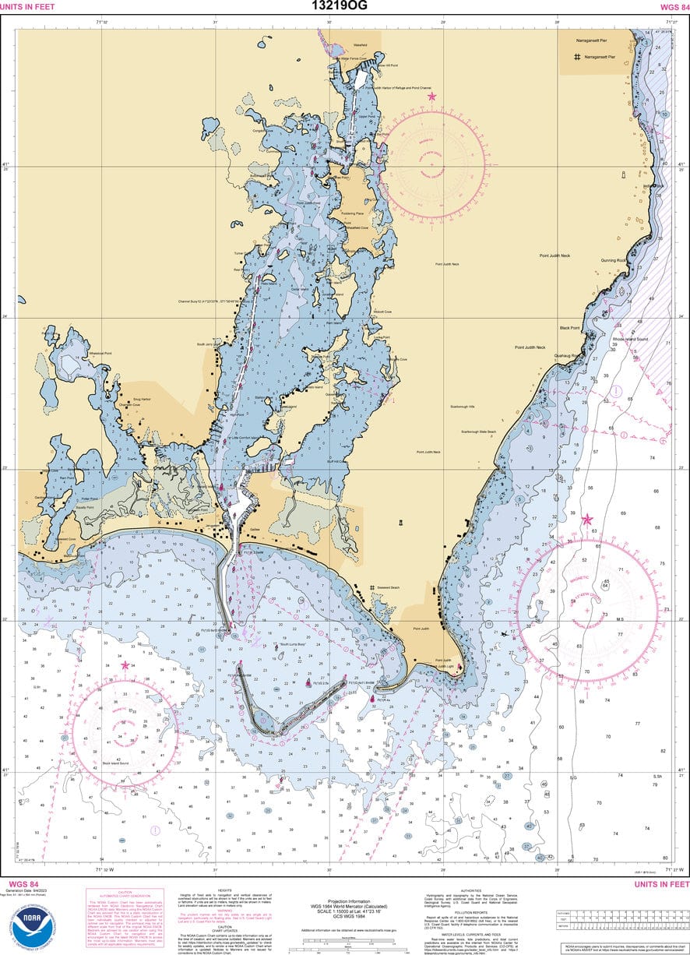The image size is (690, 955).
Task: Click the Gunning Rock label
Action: pos(612,260)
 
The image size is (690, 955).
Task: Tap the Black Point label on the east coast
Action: pos(569,328)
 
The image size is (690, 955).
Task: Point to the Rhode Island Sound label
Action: pos(630,340)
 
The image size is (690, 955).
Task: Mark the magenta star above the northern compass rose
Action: pos(431,97)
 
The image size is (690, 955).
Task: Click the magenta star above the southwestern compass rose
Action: pos(125,665)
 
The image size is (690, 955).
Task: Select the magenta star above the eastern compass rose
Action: pos(587,519)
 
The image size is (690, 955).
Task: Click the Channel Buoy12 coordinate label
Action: pos(211,301)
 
